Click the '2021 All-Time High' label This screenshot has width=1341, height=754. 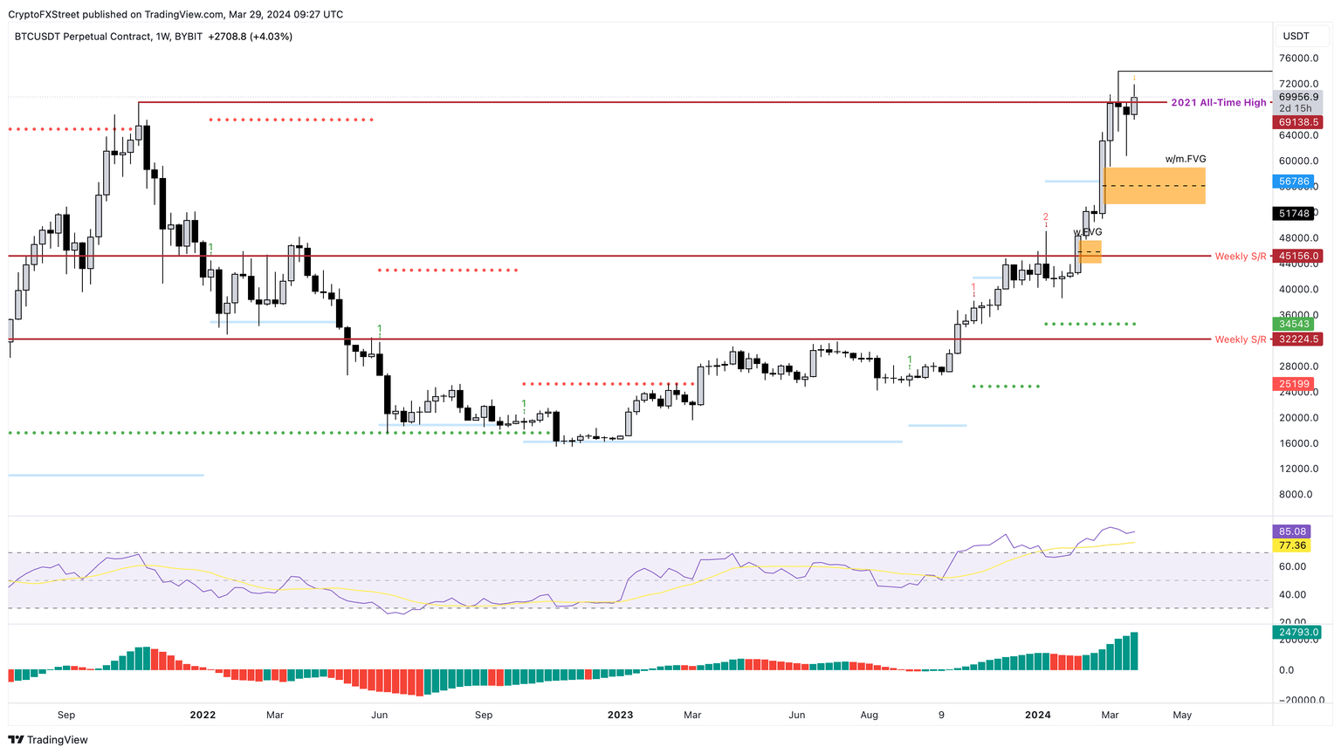coord(1218,103)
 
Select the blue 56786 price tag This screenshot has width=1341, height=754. coord(1294,182)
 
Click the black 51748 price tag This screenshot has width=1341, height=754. coord(1294,214)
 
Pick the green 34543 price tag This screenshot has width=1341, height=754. coord(1294,324)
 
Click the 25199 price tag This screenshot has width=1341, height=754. coord(1294,384)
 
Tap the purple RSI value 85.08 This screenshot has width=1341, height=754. coord(1292,531)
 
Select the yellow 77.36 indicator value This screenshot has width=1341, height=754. coord(1292,545)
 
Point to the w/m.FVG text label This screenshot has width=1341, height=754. coord(1186,160)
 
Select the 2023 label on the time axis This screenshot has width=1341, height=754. coord(620,715)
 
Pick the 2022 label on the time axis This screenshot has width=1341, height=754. coord(203,715)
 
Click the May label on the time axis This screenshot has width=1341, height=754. coord(1182,715)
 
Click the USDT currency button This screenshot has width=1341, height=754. coord(1296,37)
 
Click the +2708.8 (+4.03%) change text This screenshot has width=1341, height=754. coord(251,37)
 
